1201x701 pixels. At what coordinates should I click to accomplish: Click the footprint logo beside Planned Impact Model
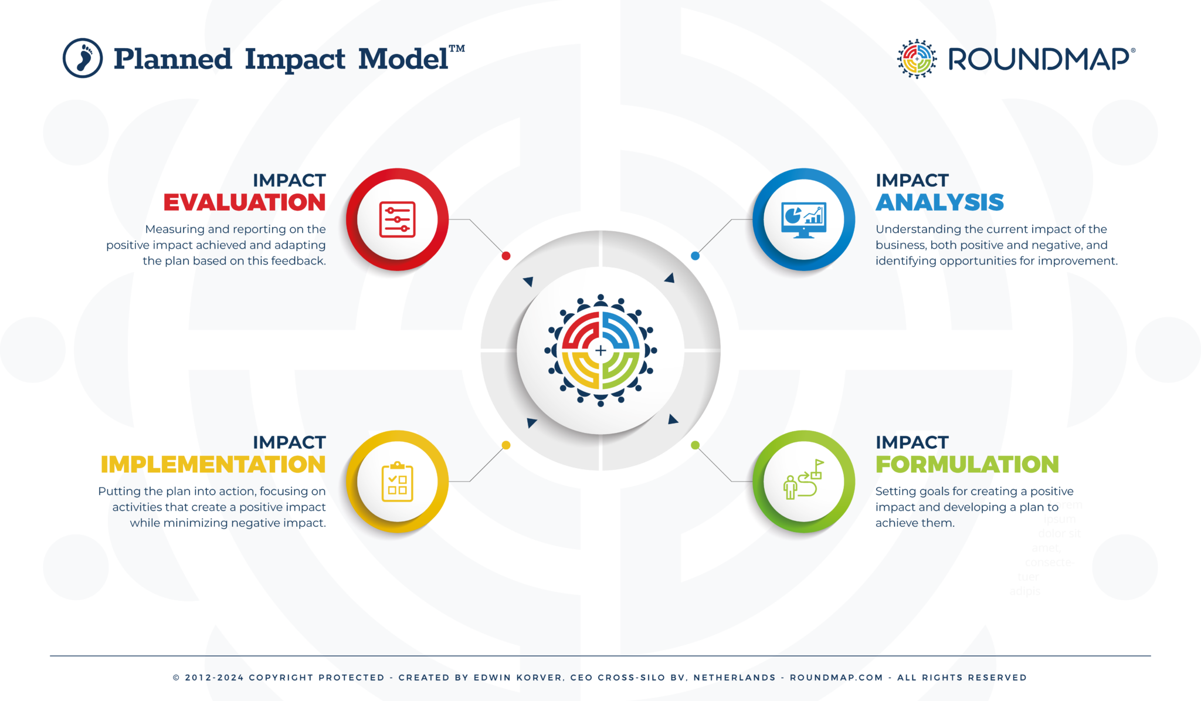(x=83, y=58)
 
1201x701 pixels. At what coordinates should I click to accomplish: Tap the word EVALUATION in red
(x=245, y=202)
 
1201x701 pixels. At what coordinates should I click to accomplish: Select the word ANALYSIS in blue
(x=939, y=202)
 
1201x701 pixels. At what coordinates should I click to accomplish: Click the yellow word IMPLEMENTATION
(x=213, y=465)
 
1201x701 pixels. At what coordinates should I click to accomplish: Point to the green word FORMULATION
(x=967, y=465)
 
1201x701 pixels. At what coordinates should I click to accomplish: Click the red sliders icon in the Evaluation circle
(x=397, y=220)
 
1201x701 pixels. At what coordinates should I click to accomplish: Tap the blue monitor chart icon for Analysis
(x=803, y=219)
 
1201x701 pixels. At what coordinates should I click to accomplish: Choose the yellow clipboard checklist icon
(x=397, y=482)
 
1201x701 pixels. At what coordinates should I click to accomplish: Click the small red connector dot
(x=506, y=256)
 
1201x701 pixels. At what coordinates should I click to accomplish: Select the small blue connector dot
(x=695, y=256)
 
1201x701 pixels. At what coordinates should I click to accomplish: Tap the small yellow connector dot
(x=506, y=445)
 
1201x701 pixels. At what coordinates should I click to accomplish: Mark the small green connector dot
(x=695, y=445)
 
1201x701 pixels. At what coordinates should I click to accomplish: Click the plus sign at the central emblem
(x=600, y=351)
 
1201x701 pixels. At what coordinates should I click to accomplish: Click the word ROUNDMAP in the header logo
(x=1039, y=59)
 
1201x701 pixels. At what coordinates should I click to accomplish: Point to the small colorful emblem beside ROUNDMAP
(x=917, y=59)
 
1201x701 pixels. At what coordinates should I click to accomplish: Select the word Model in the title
(x=403, y=59)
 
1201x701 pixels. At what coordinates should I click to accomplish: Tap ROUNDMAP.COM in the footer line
(x=836, y=678)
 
